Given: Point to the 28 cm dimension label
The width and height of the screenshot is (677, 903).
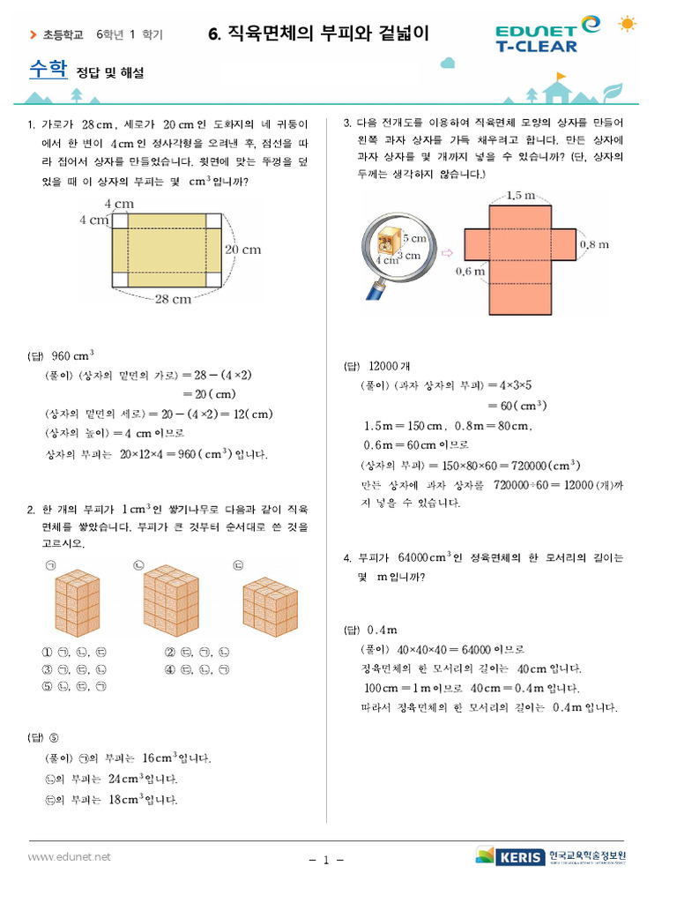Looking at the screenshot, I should [x=173, y=300].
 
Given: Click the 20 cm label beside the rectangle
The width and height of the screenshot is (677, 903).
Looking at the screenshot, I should [x=242, y=250].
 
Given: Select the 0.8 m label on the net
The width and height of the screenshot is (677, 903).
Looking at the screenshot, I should [x=593, y=244].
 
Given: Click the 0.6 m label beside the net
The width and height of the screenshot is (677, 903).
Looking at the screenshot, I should [x=471, y=272].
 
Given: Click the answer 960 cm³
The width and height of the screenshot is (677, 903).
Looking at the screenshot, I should [x=73, y=356].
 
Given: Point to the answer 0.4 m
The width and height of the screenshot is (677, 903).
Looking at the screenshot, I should [x=382, y=630].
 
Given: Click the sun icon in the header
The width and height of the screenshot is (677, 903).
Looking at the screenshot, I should [x=628, y=24].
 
